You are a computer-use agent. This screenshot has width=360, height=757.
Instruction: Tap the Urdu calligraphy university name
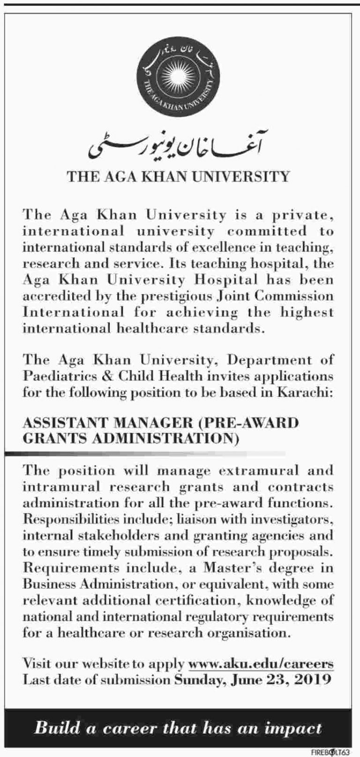pyautogui.click(x=179, y=147)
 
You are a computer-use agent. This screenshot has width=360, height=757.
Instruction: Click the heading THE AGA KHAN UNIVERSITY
pyautogui.click(x=179, y=177)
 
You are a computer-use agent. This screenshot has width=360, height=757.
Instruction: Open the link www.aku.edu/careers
pyautogui.click(x=261, y=664)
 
